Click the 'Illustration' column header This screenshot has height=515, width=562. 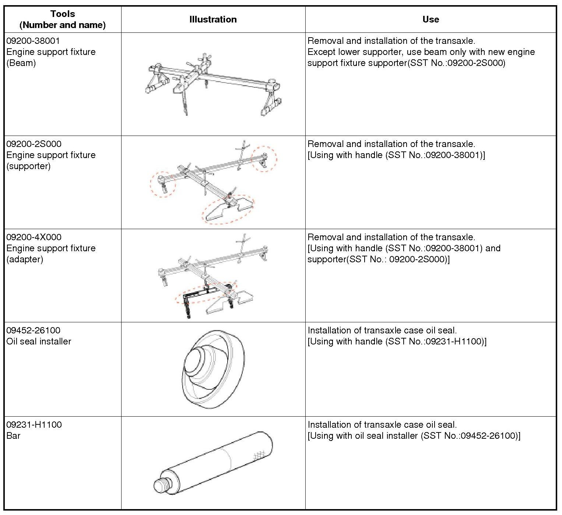(213, 20)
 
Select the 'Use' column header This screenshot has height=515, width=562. (431, 20)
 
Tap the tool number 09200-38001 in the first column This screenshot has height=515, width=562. (33, 41)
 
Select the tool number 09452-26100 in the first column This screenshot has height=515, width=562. (33, 330)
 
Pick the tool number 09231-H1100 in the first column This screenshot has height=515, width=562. (34, 425)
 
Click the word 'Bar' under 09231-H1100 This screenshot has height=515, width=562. (13, 436)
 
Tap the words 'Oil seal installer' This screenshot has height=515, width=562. (39, 341)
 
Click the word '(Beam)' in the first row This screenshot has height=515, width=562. (21, 63)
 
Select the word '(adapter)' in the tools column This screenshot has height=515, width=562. (25, 259)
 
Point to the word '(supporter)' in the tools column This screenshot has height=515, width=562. (28, 166)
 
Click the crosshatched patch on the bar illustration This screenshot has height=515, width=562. (260, 454)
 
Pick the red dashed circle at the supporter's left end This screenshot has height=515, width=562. (163, 184)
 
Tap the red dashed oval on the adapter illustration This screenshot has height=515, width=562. (206, 292)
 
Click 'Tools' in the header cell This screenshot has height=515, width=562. (63, 14)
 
